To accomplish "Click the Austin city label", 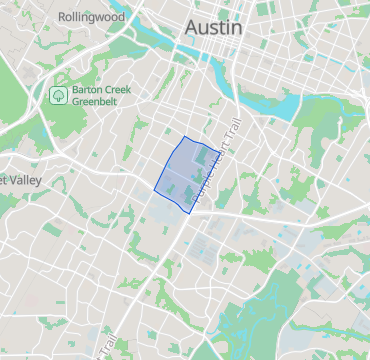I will click(212, 28).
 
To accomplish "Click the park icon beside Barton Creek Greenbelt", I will click(59, 95).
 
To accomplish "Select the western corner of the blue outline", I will click(154, 187).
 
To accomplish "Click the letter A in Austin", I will click(190, 28).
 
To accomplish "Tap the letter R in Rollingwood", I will click(62, 17).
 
